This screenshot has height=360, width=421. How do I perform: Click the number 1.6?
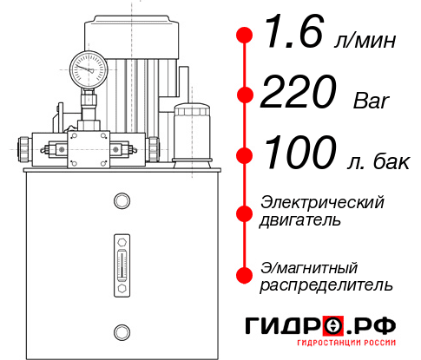click(292, 37)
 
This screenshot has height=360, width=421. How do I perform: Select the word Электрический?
click(322, 202)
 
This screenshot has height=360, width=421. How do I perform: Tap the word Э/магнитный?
click(310, 266)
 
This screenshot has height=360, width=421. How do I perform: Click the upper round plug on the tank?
click(121, 202)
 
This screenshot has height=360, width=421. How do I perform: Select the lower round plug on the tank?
click(121, 330)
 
